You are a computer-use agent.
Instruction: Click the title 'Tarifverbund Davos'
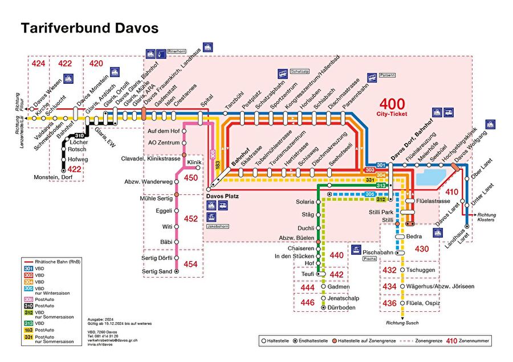tap(89, 28)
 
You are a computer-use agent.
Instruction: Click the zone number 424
tap(38, 63)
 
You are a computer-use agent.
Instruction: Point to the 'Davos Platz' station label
tap(223, 196)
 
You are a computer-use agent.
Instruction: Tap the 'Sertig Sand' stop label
tap(157, 271)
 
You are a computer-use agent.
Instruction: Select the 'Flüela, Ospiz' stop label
tap(422, 303)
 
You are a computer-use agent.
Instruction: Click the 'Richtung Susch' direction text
tap(402, 323)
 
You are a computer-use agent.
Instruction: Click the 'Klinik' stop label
tap(194, 162)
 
